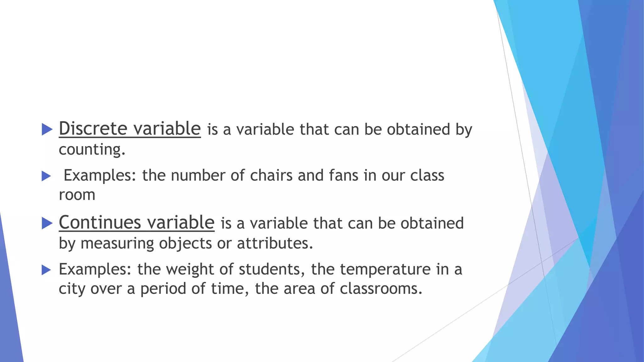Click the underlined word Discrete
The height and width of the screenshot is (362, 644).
[93, 129]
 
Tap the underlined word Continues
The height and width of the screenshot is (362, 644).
[100, 222]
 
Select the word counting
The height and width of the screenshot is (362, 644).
[92, 149]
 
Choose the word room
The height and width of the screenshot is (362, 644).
[77, 195]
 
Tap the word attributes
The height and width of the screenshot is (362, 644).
[275, 244]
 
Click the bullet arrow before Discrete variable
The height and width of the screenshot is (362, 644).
[47, 129]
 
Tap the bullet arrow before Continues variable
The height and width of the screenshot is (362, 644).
[47, 223]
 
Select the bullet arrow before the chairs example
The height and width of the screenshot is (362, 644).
[46, 176]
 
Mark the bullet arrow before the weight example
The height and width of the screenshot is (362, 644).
[46, 270]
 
